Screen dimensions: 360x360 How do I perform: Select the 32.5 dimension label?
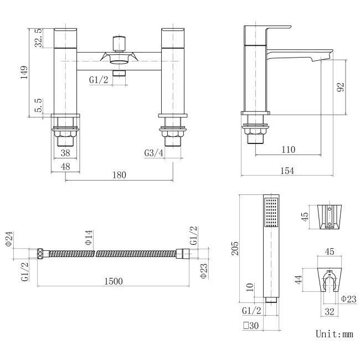tap(38, 38)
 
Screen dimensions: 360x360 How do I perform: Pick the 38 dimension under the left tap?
tap(66, 153)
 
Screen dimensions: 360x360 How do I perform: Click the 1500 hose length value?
tap(113, 281)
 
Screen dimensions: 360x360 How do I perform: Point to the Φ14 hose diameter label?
tap(89, 239)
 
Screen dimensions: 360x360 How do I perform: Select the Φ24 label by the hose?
tap(9, 239)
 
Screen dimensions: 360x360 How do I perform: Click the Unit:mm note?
tap(334, 334)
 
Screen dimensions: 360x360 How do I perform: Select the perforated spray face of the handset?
tap(271, 213)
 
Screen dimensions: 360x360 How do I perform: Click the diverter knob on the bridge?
tap(117, 43)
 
